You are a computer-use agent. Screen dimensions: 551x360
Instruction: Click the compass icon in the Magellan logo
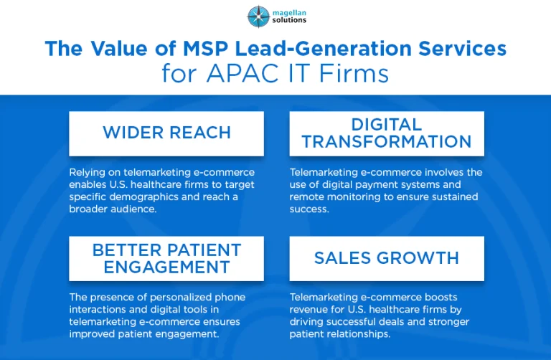pyautogui.click(x=258, y=16)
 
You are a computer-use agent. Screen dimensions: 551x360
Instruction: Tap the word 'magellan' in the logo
pyautogui.click(x=289, y=13)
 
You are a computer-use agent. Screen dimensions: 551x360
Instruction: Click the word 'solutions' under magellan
pyautogui.click(x=289, y=20)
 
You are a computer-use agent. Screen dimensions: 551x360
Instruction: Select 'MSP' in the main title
pyautogui.click(x=206, y=48)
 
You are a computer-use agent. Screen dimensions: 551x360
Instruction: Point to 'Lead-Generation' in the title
pyautogui.click(x=324, y=48)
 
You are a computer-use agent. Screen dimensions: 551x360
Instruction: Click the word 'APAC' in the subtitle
pyautogui.click(x=242, y=73)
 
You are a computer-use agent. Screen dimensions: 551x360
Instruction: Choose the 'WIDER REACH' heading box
pyautogui.click(x=166, y=133)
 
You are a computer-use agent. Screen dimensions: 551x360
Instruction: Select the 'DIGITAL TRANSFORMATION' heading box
pyautogui.click(x=387, y=133)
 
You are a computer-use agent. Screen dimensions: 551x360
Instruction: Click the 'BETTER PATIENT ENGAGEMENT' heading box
pyautogui.click(x=166, y=258)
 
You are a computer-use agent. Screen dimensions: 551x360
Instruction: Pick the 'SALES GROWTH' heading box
pyautogui.click(x=387, y=258)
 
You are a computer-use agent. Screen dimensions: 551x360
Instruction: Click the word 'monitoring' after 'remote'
pyautogui.click(x=354, y=197)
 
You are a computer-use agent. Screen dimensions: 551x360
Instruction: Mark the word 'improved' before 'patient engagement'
pyautogui.click(x=92, y=334)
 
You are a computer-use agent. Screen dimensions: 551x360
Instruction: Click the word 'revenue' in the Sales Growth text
pyautogui.click(x=309, y=309)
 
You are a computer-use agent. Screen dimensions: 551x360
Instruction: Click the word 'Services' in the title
pyautogui.click(x=463, y=48)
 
